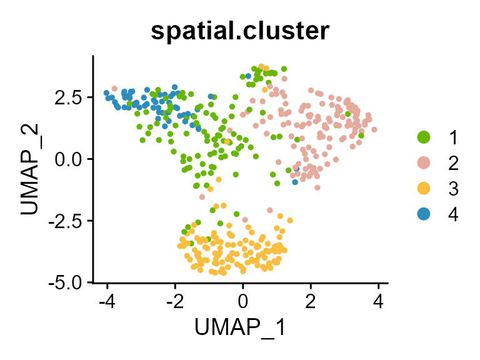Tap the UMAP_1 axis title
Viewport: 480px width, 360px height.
(240, 327)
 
